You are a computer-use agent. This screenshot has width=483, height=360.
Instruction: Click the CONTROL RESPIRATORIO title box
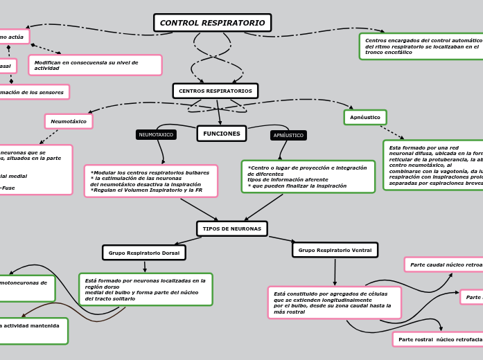pos(212,23)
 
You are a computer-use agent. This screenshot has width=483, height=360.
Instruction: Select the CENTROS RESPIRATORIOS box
pos(215,91)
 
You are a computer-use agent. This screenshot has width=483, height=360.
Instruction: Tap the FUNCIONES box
pos(221,134)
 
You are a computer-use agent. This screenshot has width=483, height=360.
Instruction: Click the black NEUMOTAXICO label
pos(156,135)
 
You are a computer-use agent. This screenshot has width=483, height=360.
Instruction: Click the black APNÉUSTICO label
pos(288,136)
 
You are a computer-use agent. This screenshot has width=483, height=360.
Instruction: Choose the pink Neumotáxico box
pos(69,121)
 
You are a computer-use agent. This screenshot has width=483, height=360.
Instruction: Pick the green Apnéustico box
pos(365,118)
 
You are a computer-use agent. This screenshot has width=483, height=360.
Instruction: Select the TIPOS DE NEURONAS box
pos(231,228)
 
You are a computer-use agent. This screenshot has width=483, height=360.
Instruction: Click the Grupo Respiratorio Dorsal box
pos(143,253)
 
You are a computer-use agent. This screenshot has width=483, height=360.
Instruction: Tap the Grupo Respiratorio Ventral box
pos(335,250)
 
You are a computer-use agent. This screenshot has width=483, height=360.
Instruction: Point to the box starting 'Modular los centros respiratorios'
pos(150,181)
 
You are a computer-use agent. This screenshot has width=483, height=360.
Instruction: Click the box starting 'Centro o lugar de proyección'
pos(308,177)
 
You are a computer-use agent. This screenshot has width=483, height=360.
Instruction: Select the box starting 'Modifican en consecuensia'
pos(95,65)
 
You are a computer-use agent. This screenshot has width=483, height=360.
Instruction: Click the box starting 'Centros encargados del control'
pos(421,46)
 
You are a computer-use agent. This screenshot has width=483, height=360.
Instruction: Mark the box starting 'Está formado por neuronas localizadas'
pos(146,289)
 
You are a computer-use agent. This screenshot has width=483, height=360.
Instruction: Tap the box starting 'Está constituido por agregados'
pos(334,303)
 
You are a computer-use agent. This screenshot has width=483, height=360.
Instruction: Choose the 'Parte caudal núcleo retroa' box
pos(444,264)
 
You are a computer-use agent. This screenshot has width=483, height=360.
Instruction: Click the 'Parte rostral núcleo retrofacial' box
pos(438,339)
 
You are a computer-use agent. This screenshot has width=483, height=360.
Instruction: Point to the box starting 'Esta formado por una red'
pos(433,165)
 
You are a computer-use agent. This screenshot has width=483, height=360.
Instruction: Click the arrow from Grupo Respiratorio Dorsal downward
pos(145,267)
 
